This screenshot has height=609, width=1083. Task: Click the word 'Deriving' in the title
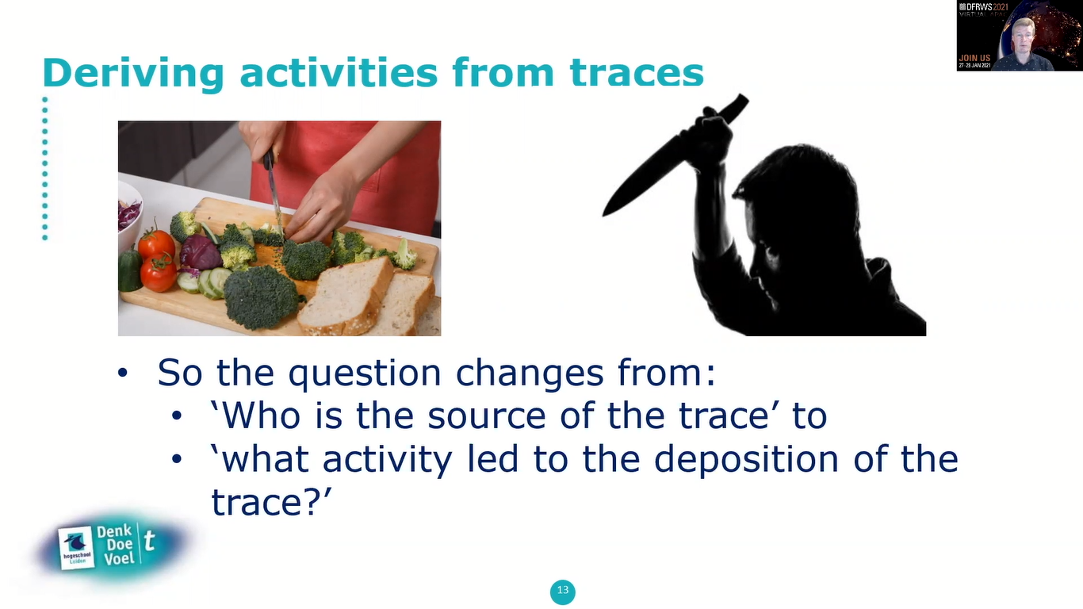(133, 73)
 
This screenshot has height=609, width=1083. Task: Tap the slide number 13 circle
(562, 591)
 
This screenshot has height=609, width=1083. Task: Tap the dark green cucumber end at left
(129, 270)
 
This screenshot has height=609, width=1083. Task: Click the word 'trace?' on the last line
(270, 502)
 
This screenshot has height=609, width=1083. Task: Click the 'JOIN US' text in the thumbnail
(974, 58)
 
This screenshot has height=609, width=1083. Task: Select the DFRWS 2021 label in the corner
(983, 7)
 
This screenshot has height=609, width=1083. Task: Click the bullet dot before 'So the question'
(122, 373)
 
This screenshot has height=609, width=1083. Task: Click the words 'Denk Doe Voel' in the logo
(116, 544)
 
